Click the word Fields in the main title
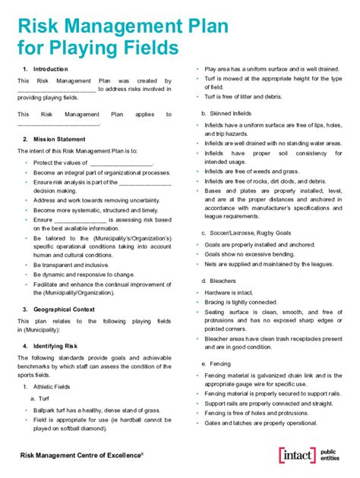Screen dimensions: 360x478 point(152,49)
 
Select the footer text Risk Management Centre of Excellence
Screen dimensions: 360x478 point(81,454)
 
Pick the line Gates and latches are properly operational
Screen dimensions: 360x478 point(261,423)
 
